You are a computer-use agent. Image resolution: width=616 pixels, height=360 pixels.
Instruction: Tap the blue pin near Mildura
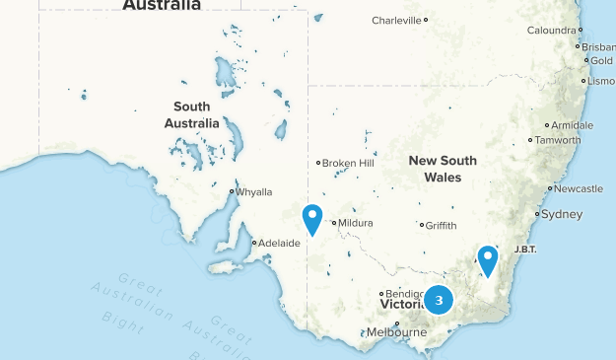(312, 218)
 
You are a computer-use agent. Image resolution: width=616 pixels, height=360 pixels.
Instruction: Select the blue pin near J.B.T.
(487, 259)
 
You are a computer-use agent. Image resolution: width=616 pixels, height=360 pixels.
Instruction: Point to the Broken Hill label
(348, 163)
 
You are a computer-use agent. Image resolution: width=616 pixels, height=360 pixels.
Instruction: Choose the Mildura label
(357, 223)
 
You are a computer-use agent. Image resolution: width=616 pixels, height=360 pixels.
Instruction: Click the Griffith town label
(441, 225)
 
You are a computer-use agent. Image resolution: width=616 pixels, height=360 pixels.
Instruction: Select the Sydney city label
(562, 214)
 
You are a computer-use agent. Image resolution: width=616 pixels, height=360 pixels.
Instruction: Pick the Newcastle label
(578, 188)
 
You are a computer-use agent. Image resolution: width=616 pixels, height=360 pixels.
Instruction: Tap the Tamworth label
(557, 140)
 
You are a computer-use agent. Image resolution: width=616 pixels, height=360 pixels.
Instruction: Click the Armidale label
(572, 125)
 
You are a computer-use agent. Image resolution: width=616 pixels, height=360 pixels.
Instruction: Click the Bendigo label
(405, 294)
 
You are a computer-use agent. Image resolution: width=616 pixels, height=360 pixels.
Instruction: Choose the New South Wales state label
(443, 169)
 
